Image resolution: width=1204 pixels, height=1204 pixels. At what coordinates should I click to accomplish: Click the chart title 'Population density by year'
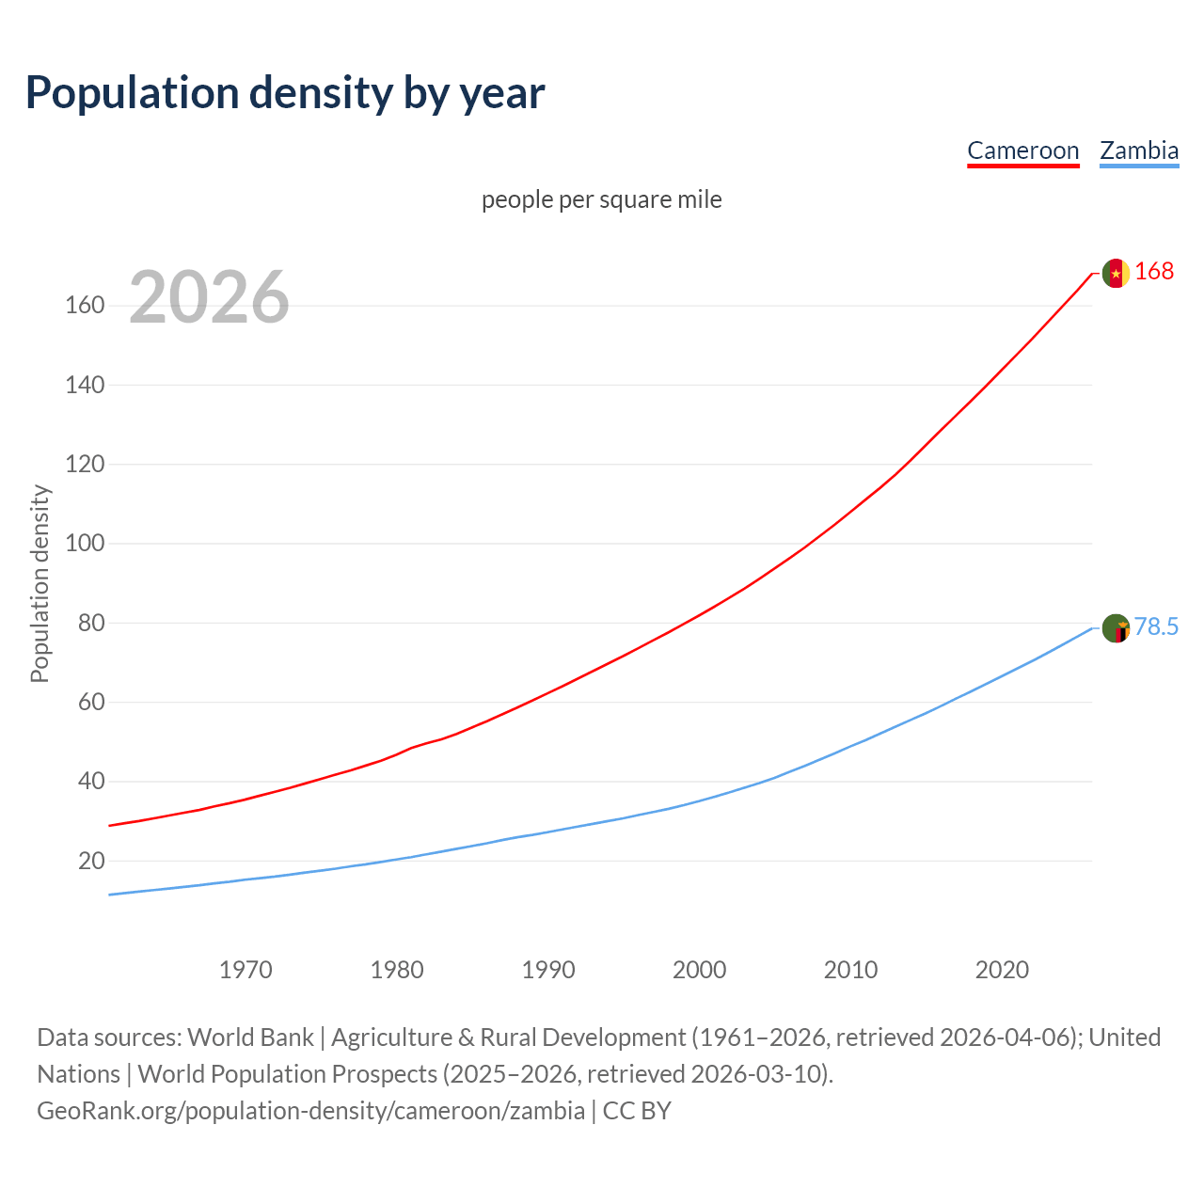tap(285, 93)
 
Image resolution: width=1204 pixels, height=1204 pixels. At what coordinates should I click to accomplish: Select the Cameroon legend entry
tap(1022, 150)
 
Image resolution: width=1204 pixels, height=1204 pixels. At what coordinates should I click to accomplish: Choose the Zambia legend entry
tap(1138, 150)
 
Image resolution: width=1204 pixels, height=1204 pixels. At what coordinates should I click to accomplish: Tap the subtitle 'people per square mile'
tap(601, 199)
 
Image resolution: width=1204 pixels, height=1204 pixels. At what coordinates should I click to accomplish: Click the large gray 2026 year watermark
tap(209, 297)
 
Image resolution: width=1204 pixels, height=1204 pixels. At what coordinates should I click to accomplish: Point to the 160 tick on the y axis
tap(85, 306)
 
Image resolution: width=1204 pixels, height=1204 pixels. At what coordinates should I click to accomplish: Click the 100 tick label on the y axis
tap(85, 544)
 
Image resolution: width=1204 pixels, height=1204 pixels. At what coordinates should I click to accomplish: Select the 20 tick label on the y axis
tap(91, 861)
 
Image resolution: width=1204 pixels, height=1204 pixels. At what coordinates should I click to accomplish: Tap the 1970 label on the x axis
tap(246, 970)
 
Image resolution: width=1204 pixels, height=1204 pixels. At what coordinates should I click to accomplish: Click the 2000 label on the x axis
tap(699, 970)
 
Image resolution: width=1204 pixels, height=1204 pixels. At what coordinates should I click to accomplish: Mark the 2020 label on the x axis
tap(1002, 970)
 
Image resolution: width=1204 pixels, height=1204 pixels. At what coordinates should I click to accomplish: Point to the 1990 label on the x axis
tap(548, 970)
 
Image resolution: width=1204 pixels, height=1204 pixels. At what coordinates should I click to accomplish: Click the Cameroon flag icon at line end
tap(1116, 273)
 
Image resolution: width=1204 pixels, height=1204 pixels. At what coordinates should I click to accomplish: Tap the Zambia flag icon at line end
tap(1116, 627)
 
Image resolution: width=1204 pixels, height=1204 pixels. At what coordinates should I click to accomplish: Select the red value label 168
tap(1154, 271)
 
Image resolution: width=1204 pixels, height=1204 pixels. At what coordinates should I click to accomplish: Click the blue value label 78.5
tap(1156, 626)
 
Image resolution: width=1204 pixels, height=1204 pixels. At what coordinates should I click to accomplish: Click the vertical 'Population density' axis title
tap(40, 583)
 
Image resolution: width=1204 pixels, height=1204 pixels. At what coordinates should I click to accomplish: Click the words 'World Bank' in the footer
tap(250, 1038)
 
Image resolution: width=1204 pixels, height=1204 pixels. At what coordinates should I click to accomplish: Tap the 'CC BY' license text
tap(637, 1111)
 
